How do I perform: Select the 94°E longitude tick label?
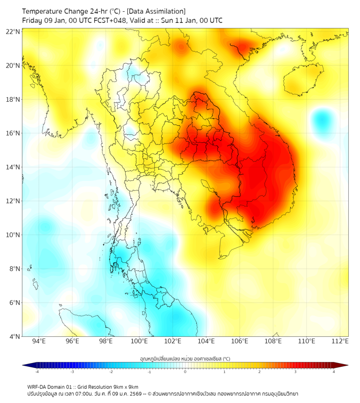coord(39,341)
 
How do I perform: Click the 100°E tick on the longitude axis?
coord(140,341)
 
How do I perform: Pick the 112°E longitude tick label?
coord(340,341)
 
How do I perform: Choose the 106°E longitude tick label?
coord(240,341)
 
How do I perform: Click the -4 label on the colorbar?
coord(37,371)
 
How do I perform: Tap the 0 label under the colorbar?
coord(185,371)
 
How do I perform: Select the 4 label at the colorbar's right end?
coord(334,371)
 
